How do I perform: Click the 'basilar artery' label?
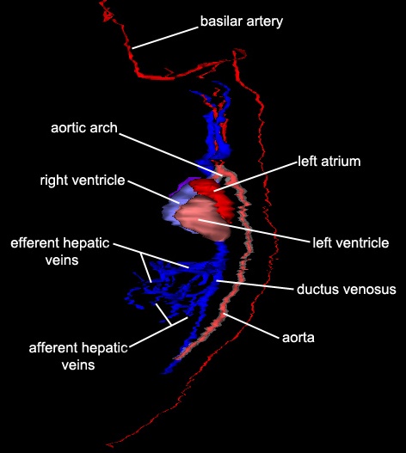242,21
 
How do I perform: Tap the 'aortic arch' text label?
84,128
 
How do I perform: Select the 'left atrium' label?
329,162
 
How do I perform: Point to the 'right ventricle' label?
83,181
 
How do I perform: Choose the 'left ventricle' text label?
351,242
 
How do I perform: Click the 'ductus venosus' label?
347,289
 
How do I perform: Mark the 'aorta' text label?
298,338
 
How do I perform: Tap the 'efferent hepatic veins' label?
60,251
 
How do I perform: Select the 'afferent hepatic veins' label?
78,356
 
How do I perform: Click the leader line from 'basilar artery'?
165,38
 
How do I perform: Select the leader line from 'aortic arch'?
171,155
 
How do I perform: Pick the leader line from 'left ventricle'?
254,230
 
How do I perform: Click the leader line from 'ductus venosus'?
255,285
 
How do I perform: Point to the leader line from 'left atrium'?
255,176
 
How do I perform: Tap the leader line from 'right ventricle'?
153,193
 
